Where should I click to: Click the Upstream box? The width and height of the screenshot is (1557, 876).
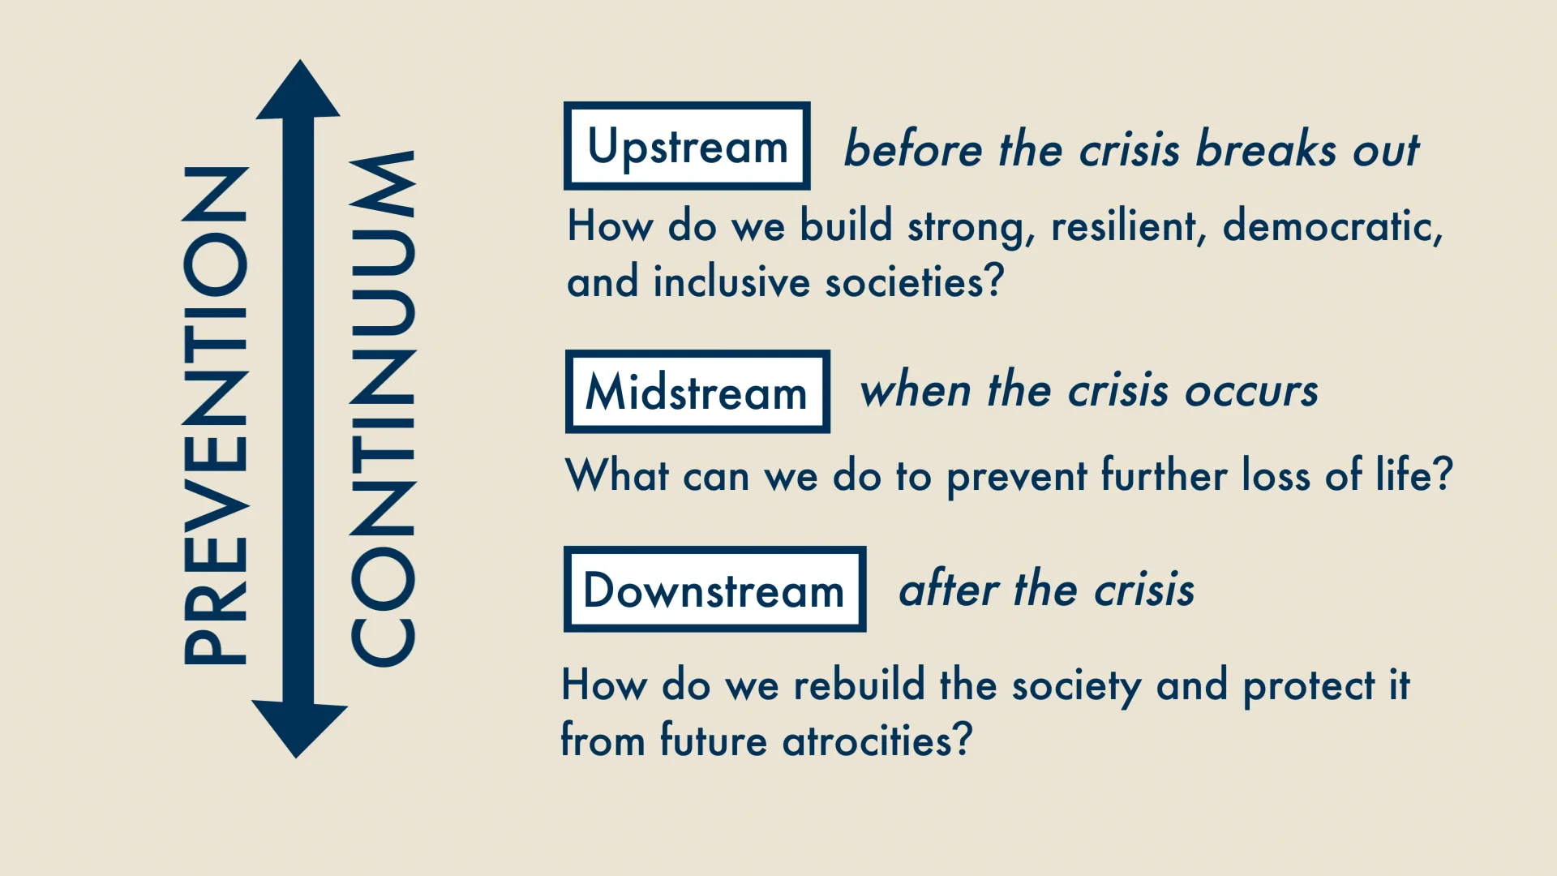pos(687,146)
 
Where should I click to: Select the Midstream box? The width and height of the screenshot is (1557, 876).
pos(697,392)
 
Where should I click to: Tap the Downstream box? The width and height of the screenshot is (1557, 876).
pos(714,590)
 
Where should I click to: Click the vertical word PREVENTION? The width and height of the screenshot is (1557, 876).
pos(215,415)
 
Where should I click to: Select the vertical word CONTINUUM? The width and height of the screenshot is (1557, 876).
pos(383,410)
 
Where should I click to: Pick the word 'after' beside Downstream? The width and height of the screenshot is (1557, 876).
pos(949,589)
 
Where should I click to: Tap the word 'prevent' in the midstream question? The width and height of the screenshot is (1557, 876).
pos(1017,476)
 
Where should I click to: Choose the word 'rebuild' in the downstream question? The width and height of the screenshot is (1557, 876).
pos(859,685)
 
